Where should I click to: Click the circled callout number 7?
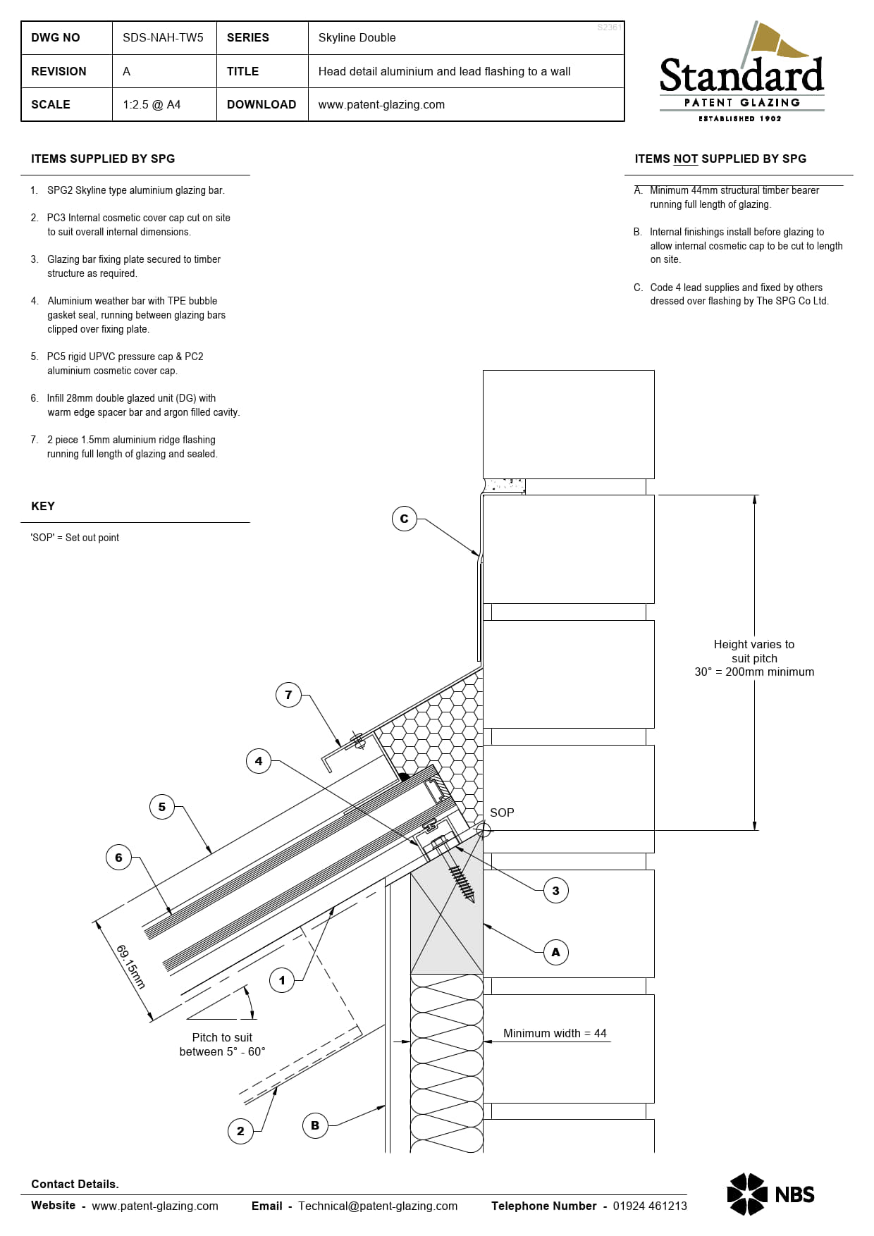click(288, 695)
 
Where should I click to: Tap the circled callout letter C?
click(404, 519)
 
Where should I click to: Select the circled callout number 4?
click(259, 761)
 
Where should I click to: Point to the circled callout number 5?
click(162, 807)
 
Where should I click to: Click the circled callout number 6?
click(118, 858)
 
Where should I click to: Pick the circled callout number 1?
click(282, 980)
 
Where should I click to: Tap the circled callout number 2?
click(240, 1131)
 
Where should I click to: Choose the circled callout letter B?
click(315, 1125)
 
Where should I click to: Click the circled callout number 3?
click(555, 891)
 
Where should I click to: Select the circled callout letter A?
click(555, 952)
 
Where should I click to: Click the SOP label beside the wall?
click(502, 812)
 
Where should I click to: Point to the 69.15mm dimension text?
click(131, 967)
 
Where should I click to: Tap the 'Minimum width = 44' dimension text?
click(555, 1033)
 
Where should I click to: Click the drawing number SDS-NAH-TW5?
click(163, 37)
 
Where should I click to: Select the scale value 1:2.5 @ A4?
click(152, 104)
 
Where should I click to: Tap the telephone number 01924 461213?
click(649, 1206)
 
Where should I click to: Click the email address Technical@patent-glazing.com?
click(378, 1206)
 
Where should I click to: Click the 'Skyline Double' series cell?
click(357, 37)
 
